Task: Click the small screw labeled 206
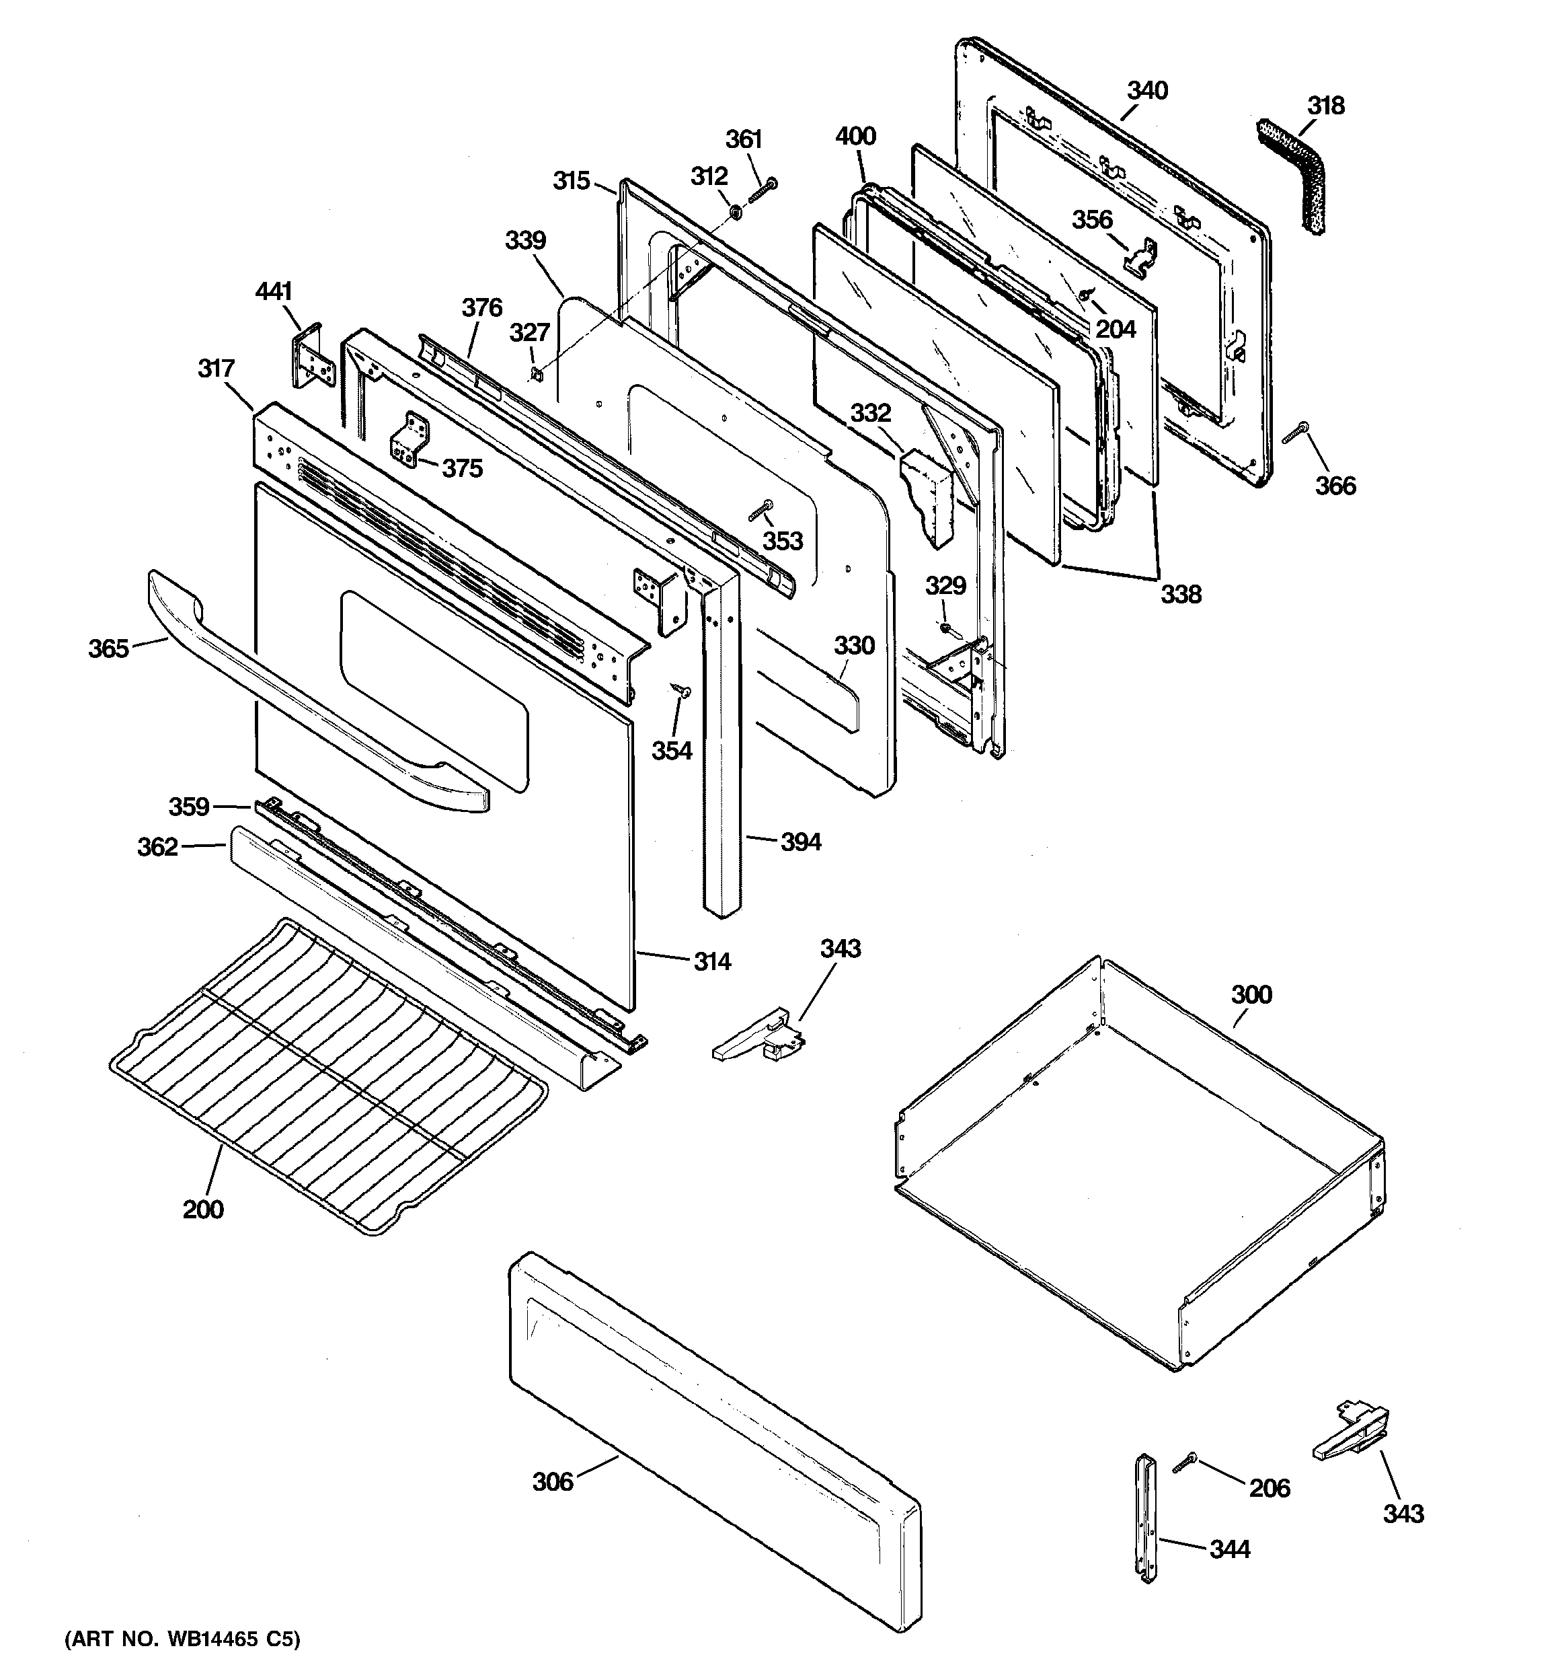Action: [x=1185, y=1463]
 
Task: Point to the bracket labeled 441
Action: [x=312, y=355]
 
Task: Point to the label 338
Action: [x=1180, y=594]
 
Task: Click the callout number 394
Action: [x=801, y=842]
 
